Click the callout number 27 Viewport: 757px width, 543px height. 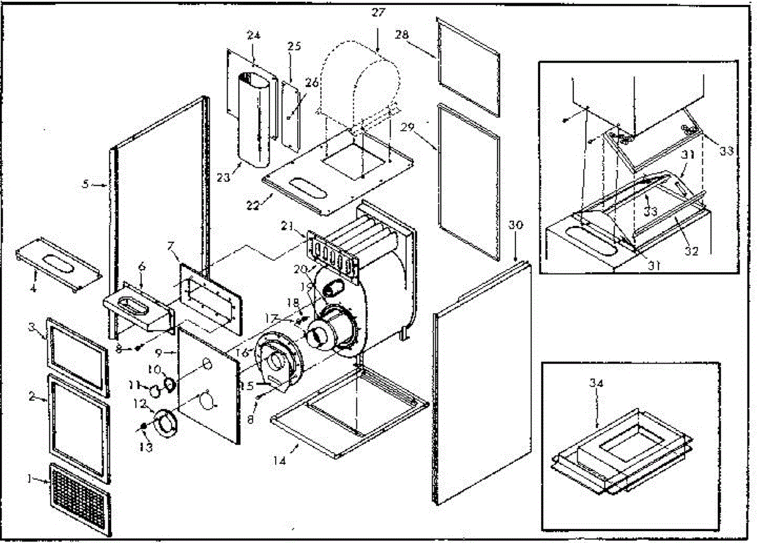coord(378,12)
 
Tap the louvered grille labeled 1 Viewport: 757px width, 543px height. coord(80,497)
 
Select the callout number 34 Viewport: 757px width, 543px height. coord(597,383)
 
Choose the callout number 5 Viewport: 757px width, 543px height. coord(86,184)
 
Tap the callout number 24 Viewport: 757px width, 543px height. coord(254,36)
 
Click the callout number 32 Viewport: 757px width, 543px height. coord(692,251)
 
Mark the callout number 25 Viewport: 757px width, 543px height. coord(295,46)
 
